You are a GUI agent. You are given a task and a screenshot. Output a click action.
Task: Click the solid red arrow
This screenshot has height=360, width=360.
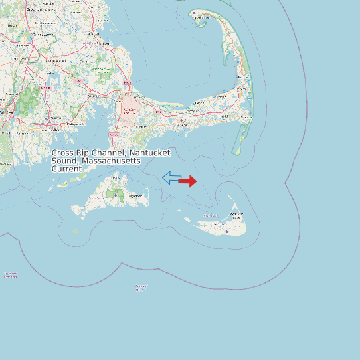[x=188, y=181]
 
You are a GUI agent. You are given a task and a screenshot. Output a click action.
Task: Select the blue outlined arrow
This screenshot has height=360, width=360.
[x=171, y=177]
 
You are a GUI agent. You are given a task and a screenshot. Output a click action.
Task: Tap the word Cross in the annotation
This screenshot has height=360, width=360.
[x=63, y=153]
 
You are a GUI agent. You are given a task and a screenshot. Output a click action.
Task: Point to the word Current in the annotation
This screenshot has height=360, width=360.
[x=66, y=169]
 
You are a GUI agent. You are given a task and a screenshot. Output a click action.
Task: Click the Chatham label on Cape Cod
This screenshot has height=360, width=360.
[x=246, y=118]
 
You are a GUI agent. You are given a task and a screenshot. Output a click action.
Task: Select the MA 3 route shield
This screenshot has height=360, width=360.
[x=127, y=82]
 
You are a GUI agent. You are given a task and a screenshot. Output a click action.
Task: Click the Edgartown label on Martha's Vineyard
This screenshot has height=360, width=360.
[x=135, y=196]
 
